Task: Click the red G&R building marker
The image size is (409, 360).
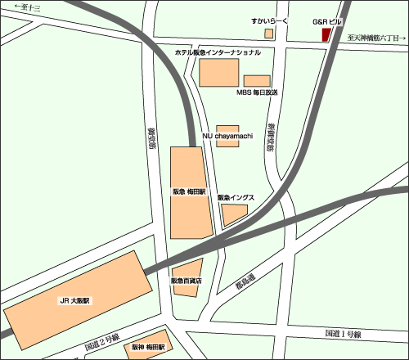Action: (x=326, y=34)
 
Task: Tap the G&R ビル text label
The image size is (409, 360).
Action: (x=327, y=20)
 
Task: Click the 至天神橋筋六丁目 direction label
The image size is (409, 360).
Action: (x=375, y=38)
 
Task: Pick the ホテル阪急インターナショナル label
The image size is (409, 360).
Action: (x=218, y=52)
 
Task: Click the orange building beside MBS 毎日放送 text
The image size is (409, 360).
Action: (x=257, y=80)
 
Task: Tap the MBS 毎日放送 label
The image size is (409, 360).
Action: (x=258, y=92)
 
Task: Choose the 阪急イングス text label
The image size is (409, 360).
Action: (x=236, y=198)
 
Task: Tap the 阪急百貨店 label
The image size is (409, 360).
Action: (x=186, y=281)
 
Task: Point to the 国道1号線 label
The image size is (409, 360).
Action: (x=343, y=333)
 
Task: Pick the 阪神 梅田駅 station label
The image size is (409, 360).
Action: (x=148, y=347)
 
